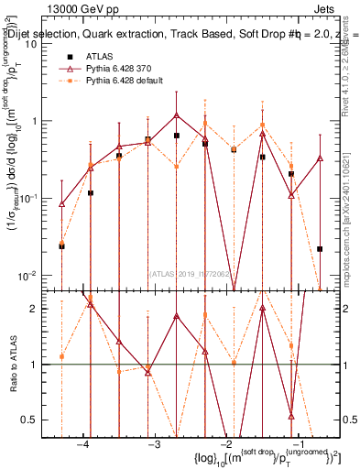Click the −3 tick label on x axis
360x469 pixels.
click(154, 442)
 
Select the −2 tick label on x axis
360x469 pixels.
click(224, 442)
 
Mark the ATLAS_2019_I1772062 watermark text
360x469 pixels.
click(192, 273)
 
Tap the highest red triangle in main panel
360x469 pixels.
click(176, 115)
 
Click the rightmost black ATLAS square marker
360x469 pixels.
click(320, 248)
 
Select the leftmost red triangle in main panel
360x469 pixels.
click(61, 204)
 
